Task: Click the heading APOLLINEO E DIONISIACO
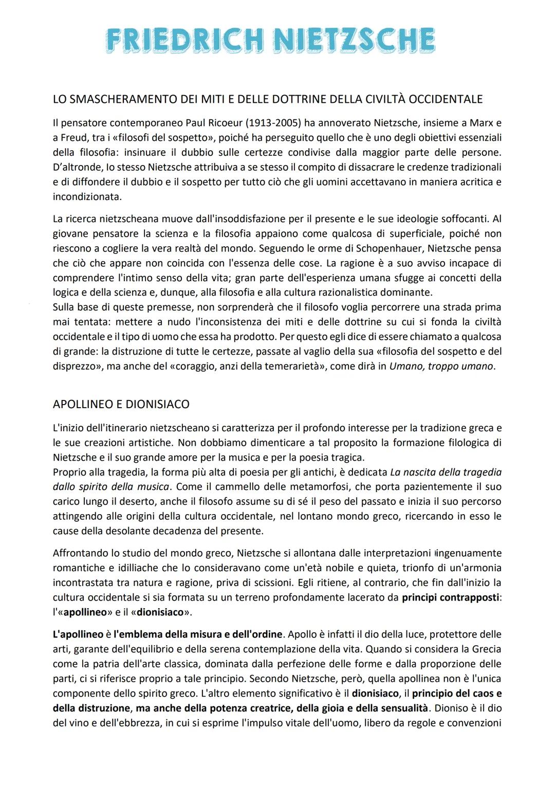(121, 404)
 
